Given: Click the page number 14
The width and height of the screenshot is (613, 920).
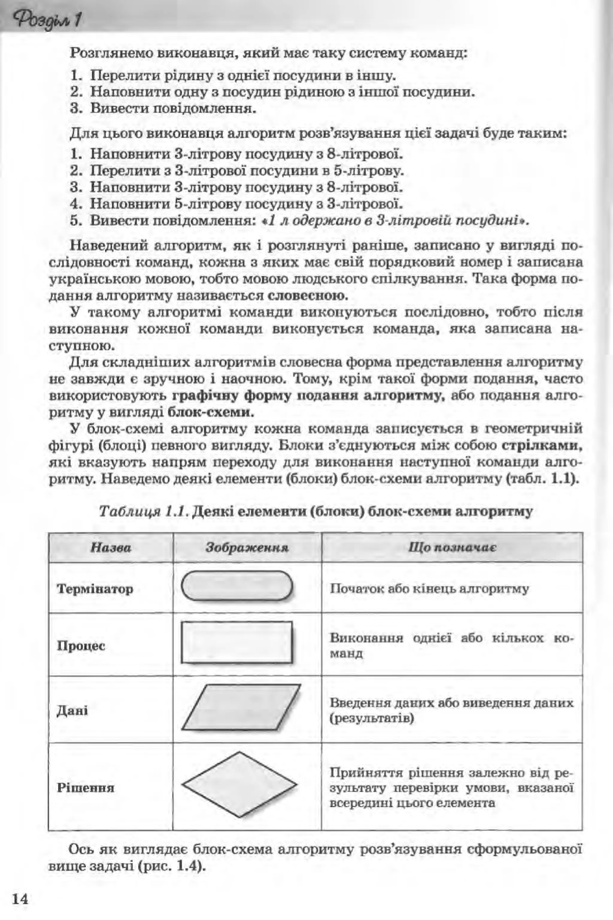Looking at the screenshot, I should point(20,888).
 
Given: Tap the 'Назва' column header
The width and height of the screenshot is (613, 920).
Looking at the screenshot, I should point(111,548).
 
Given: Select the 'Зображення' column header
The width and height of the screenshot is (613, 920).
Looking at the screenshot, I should point(247,548).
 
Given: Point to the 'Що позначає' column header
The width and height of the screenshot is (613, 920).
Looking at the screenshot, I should point(452,547).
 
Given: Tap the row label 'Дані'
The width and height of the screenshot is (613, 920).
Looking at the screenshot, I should point(72,710).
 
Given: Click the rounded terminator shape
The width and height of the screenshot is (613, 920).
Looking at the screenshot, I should point(237,586).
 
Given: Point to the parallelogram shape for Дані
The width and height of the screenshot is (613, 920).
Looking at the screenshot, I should point(241,708).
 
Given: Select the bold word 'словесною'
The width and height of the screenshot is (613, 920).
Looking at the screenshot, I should point(308,295).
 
